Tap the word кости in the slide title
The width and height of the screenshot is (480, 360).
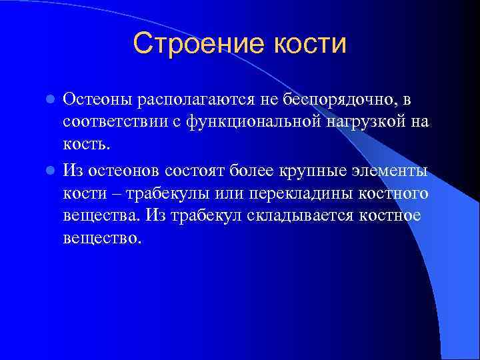[309, 44]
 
